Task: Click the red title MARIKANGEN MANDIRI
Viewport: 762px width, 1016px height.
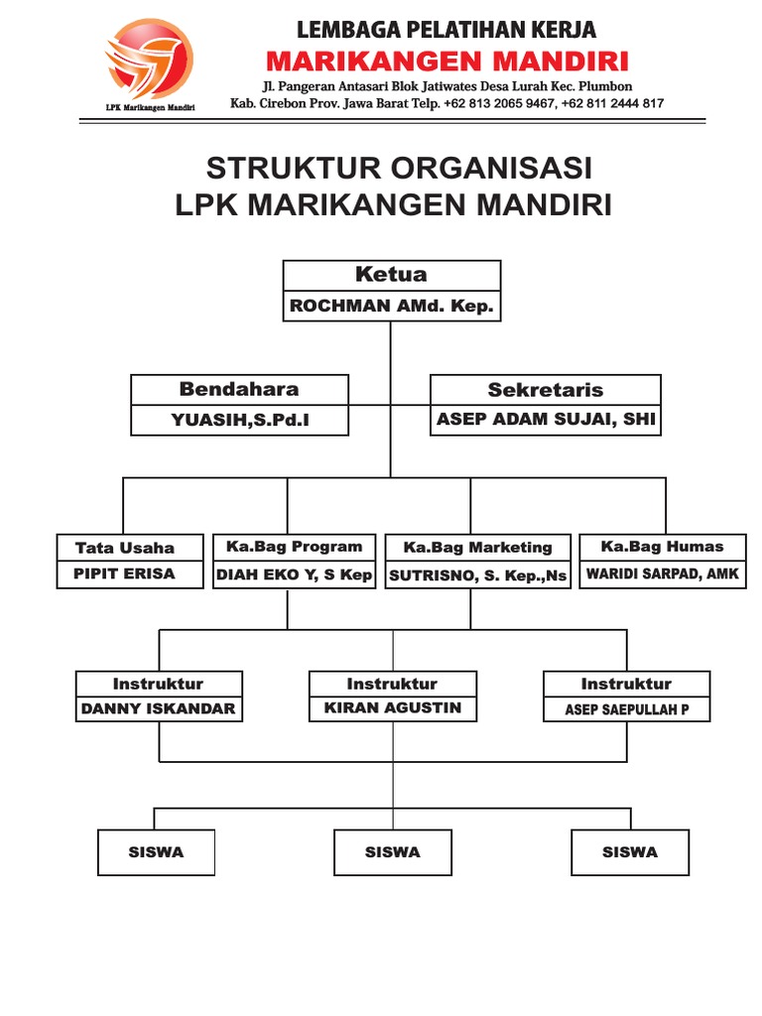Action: pyautogui.click(x=445, y=62)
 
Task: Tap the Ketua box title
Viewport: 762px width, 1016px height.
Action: pyautogui.click(x=391, y=275)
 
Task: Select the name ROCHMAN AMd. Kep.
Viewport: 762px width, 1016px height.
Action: pyautogui.click(x=391, y=307)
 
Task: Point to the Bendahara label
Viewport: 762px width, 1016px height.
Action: pyautogui.click(x=239, y=389)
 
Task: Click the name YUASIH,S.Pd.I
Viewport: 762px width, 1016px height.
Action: pyautogui.click(x=240, y=421)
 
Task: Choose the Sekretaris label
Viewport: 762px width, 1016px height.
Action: pyautogui.click(x=545, y=390)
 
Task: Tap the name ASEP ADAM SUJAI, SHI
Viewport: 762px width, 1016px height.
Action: pyautogui.click(x=546, y=420)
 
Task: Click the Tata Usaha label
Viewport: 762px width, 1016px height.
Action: pyautogui.click(x=125, y=548)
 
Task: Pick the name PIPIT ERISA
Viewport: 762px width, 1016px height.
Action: pyautogui.click(x=125, y=573)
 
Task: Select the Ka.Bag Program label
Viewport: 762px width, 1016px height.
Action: pyautogui.click(x=295, y=547)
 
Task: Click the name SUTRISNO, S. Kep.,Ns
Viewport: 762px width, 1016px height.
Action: pyautogui.click(x=478, y=575)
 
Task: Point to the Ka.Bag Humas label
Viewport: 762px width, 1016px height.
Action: pyautogui.click(x=663, y=547)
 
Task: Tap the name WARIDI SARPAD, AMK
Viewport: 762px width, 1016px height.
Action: pyautogui.click(x=663, y=573)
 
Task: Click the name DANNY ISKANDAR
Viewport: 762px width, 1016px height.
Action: pyautogui.click(x=159, y=708)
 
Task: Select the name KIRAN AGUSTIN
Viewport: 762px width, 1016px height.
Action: pyautogui.click(x=393, y=708)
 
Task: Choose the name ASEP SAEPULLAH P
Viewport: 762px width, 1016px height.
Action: pyautogui.click(x=627, y=710)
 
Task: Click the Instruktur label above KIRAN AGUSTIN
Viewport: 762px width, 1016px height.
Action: pyautogui.click(x=392, y=684)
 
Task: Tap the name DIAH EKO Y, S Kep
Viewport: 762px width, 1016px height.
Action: pyautogui.click(x=295, y=574)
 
